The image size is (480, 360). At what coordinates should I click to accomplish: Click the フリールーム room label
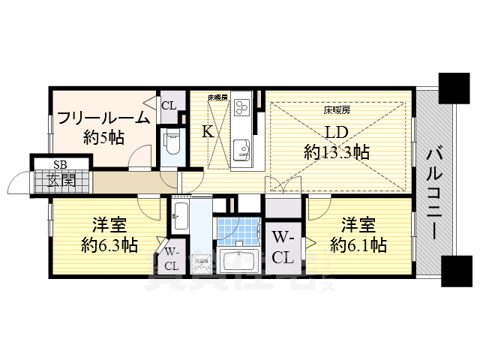tap(103, 118)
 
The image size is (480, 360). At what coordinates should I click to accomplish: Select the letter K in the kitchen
tap(208, 131)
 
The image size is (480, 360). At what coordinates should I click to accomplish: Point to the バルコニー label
tap(434, 192)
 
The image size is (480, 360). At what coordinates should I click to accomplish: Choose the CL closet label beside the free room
tap(169, 105)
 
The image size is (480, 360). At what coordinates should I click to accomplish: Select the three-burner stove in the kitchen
tap(242, 109)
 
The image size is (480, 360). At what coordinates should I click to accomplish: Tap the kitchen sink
tap(242, 145)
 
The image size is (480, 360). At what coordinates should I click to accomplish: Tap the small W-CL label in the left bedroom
tap(172, 258)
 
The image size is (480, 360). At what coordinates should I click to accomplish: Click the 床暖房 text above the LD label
tap(337, 110)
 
